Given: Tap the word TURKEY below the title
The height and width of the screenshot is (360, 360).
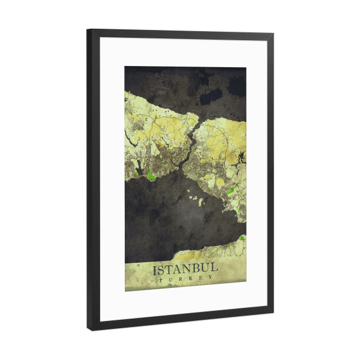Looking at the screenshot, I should [185, 278].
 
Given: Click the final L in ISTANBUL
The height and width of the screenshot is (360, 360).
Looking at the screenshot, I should [215, 268].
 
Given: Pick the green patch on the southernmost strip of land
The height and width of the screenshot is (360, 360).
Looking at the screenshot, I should [242, 238].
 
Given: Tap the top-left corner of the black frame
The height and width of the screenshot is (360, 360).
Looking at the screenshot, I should [88, 30].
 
